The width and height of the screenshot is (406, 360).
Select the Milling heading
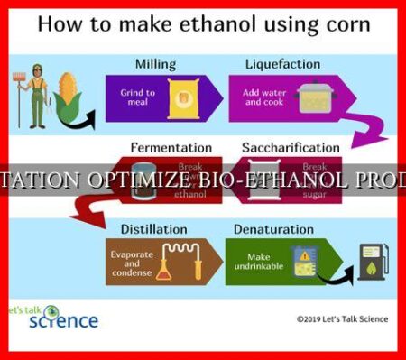click(x=155, y=63)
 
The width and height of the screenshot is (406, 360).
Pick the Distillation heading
click(x=154, y=230)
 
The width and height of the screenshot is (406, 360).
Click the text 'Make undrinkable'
click(x=258, y=262)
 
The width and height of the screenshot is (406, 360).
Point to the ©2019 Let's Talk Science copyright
click(x=344, y=318)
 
